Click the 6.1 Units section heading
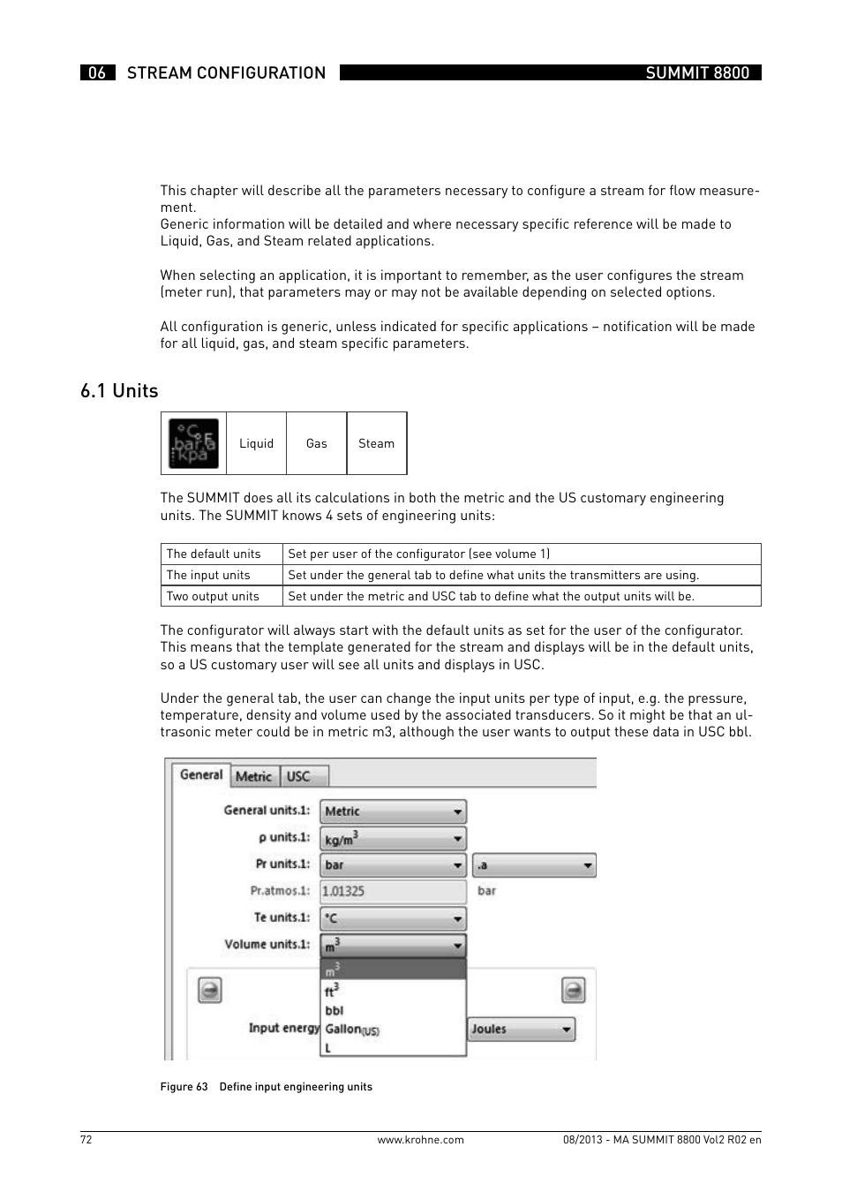pos(119,391)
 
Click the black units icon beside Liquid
pos(193,443)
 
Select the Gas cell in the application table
pos(316,443)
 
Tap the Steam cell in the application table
pos(376,443)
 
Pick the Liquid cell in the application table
pos(256,443)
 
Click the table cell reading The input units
pos(208,575)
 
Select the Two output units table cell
pos(213,596)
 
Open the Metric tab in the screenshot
pos(254,776)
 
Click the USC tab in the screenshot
pos(299,776)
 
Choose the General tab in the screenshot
pos(201,774)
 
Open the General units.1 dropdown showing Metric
pos(393,811)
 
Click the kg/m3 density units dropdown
pos(393,838)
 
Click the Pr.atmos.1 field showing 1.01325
pos(393,891)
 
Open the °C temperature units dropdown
pos(393,918)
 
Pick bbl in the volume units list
pos(335,1011)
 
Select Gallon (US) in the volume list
pos(351,1030)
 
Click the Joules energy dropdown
pos(521,1029)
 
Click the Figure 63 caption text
pos(266,1087)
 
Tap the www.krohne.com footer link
pos(420,1140)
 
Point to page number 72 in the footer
pos(86,1140)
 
